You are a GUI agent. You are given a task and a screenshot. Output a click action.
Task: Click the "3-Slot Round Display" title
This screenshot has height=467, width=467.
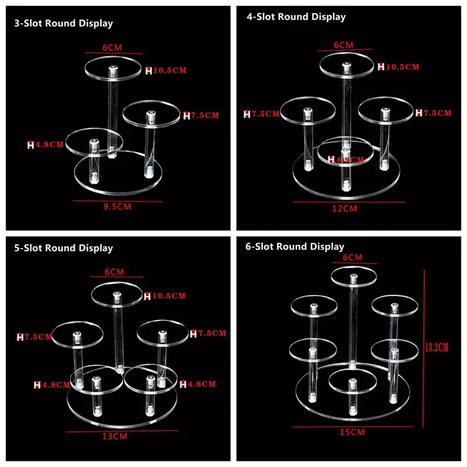tap(64, 23)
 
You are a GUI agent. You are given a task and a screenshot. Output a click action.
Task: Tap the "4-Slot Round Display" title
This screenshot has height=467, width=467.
tap(296, 17)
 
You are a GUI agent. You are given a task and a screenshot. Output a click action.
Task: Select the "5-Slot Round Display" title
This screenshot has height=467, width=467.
tap(64, 248)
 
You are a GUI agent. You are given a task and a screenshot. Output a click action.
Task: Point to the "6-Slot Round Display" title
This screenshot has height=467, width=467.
tap(295, 246)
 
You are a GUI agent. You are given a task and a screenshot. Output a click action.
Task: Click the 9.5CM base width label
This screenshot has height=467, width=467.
tap(117, 207)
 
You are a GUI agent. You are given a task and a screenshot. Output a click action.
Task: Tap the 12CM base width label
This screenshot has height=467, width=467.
tap(344, 208)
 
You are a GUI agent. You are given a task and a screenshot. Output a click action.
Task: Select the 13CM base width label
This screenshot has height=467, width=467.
tap(114, 436)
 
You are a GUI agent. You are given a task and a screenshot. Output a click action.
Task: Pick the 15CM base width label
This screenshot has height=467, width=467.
tap(353, 432)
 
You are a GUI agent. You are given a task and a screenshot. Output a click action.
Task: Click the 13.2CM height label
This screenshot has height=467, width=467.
tap(437, 347)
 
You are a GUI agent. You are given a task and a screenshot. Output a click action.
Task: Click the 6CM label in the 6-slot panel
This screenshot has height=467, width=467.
tap(353, 257)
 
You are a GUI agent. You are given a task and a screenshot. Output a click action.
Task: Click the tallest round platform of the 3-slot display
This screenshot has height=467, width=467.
tap(113, 68)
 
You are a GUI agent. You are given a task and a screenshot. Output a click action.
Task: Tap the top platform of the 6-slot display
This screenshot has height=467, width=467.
tap(354, 276)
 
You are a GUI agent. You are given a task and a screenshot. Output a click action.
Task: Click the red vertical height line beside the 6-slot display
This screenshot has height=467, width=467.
tap(424, 348)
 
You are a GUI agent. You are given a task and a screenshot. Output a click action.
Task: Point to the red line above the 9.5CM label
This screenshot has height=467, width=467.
tap(117, 201)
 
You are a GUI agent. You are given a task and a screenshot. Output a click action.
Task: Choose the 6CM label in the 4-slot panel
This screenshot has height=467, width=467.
tap(344, 45)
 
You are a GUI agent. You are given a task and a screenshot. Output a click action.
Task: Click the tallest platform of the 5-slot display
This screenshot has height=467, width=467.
tap(117, 294)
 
